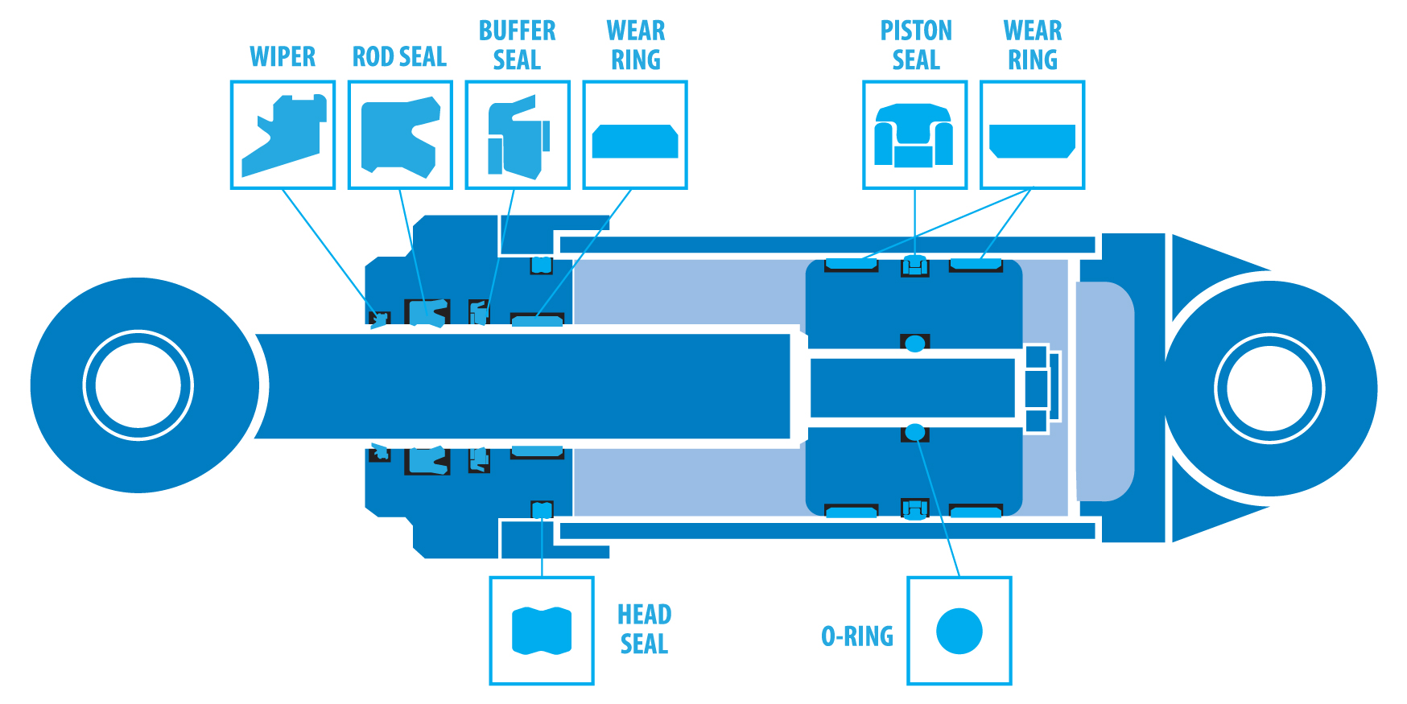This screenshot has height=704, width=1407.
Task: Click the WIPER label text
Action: pos(283,57)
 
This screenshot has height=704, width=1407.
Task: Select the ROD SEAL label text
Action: pos(399,57)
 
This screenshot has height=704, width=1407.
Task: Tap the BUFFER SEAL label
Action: pos(517,45)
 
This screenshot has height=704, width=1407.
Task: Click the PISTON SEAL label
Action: pos(915,45)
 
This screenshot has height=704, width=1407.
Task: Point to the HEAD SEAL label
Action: pos(644,629)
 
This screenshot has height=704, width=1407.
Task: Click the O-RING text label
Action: pos(856,636)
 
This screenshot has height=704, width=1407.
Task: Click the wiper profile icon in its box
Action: pos(283,135)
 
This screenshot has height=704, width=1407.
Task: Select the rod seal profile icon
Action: pos(400,135)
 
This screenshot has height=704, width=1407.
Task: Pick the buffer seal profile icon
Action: pos(518,137)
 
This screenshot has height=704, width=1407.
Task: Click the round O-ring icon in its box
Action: pos(959,631)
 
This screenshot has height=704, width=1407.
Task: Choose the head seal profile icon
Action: pos(542,631)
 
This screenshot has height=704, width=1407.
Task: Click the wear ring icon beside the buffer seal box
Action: pos(635,141)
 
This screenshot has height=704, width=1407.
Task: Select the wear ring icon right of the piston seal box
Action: pos(1032,141)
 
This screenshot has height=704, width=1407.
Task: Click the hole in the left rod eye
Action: pos(138,385)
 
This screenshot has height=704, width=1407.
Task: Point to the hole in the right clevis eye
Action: pos(1269,389)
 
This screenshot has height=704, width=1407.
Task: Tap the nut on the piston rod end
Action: pos(1037,389)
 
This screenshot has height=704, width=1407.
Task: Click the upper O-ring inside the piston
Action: pos(914,344)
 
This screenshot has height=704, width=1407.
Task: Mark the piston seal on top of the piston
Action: pos(914,264)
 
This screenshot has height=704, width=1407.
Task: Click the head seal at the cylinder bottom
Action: pos(542,509)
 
